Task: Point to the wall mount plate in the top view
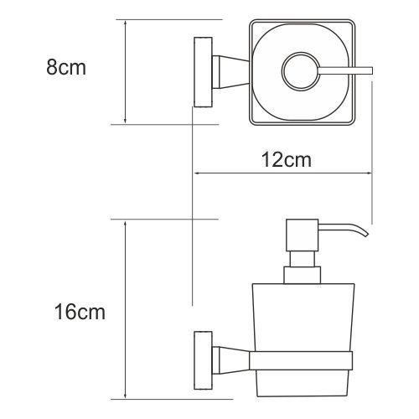[x=202, y=72]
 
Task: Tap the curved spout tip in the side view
[x=363, y=232]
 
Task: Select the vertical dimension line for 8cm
[x=124, y=72]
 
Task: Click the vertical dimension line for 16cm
[x=125, y=310]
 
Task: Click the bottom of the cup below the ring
[x=301, y=383]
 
